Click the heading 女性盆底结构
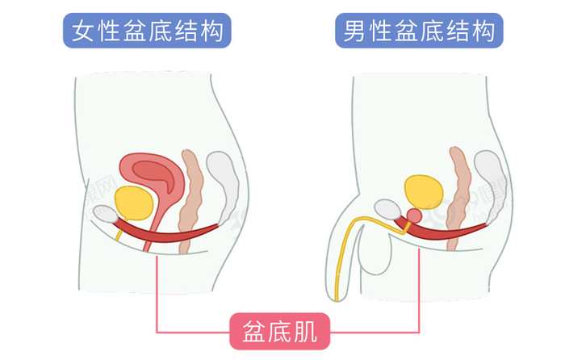coord(147,32)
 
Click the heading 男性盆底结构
coord(418,32)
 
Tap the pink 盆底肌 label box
coord(279,330)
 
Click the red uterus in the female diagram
coord(153,174)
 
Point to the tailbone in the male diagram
coord(491,174)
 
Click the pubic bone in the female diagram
coord(106,215)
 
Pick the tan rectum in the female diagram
coord(191,198)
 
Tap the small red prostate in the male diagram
coord(415,216)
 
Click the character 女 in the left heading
coord(82,32)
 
